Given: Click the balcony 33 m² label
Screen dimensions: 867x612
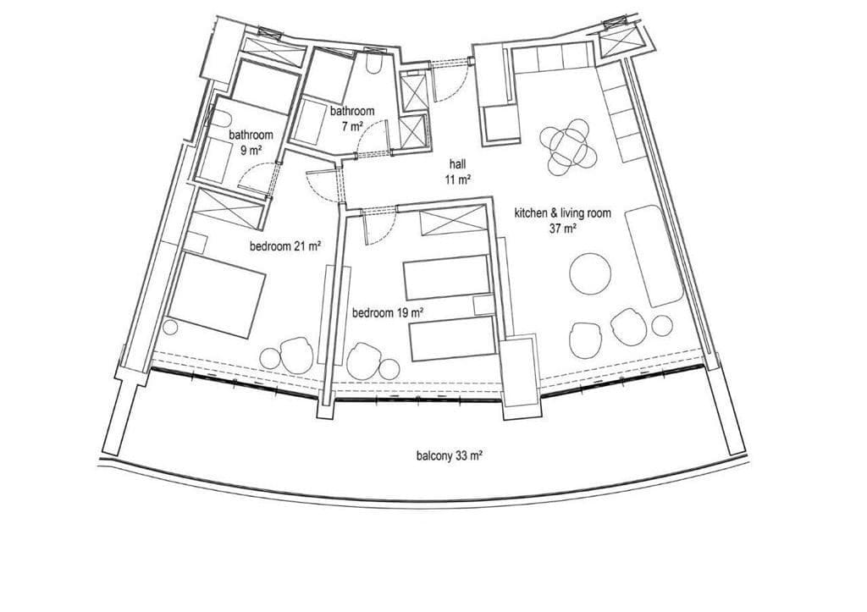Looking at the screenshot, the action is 450,456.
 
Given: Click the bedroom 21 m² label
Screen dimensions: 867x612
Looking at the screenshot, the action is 286,246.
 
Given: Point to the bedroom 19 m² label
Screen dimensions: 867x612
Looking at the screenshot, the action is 388,313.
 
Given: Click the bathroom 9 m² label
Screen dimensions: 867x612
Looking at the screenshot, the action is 251,142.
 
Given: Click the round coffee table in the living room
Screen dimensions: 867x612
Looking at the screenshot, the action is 590,274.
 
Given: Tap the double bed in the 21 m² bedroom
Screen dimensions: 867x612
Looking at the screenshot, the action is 217,295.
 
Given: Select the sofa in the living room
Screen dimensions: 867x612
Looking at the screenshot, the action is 654,256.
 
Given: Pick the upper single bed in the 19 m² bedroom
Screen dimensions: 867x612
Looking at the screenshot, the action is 447,278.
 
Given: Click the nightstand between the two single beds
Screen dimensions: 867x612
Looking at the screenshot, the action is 484,306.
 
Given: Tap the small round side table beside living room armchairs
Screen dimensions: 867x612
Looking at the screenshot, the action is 662,326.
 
